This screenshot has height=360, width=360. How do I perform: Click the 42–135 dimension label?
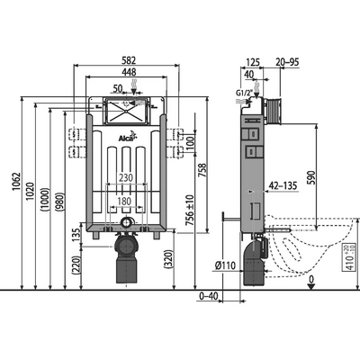(283, 186)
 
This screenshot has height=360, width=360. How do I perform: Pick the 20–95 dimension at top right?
(288, 62)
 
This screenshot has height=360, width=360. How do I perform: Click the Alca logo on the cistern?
(130, 137)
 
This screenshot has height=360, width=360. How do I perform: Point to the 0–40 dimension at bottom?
(208, 295)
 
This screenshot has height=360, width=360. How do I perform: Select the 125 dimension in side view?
(253, 62)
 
